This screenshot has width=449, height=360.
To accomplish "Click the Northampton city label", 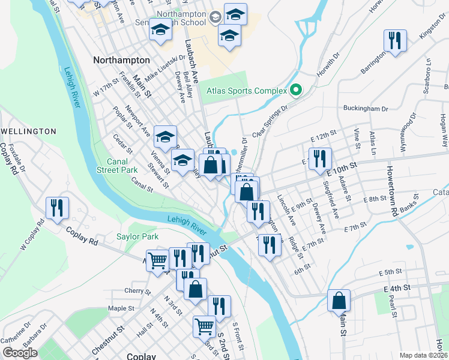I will pyautogui.click(x=121, y=61).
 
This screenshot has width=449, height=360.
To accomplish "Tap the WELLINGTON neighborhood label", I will pyautogui.click(x=28, y=131).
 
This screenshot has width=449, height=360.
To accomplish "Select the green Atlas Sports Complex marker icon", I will pyautogui.click(x=295, y=91).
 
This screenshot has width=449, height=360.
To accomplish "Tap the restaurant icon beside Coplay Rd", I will pyautogui.click(x=58, y=208).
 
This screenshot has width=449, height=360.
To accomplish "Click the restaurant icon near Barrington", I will pyautogui.click(x=394, y=40).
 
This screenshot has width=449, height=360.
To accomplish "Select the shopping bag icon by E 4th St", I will pyautogui.click(x=339, y=299).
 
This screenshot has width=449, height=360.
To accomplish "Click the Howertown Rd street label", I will pyautogui.click(x=393, y=191).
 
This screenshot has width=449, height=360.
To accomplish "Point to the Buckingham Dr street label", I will pyautogui.click(x=366, y=109).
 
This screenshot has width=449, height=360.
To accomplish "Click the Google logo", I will pyautogui.click(x=19, y=353).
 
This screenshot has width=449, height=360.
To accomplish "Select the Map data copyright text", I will pyautogui.click(x=423, y=355).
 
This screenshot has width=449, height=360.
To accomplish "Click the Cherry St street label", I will pyautogui.click(x=133, y=292).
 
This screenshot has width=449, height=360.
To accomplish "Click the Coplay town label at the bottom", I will pyautogui.click(x=142, y=356).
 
